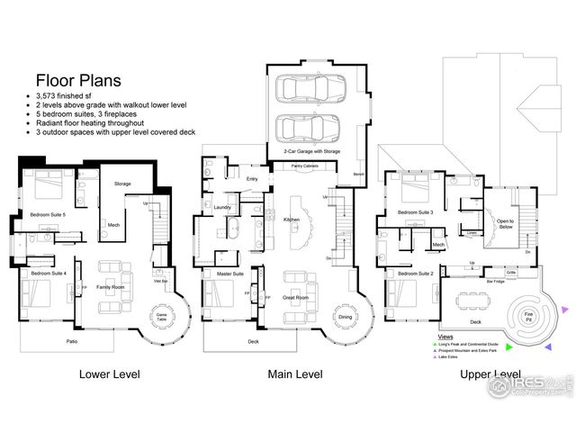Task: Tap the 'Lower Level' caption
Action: pos(110,373)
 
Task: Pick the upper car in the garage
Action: pos(303,88)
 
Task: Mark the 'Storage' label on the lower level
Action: pos(122,184)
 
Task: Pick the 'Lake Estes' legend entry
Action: pos(454,357)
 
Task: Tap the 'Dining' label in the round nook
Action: pos(345,316)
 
